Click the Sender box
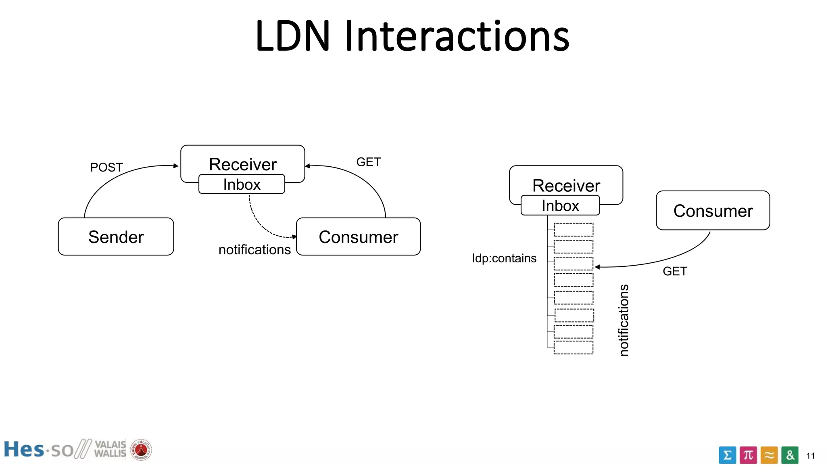116,237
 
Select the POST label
106,167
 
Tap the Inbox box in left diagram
242,184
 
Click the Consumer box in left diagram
358,237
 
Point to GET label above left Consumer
368,162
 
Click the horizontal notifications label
254,249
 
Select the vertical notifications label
624,320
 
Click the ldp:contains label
504,258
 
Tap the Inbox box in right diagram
560,205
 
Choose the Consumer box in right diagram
713,211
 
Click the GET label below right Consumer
675,271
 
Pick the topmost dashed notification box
574,229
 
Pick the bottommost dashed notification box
574,348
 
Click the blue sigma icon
727,455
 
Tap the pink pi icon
748,455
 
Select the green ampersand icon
790,455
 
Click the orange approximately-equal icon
769,455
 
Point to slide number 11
811,456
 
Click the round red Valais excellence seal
141,450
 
